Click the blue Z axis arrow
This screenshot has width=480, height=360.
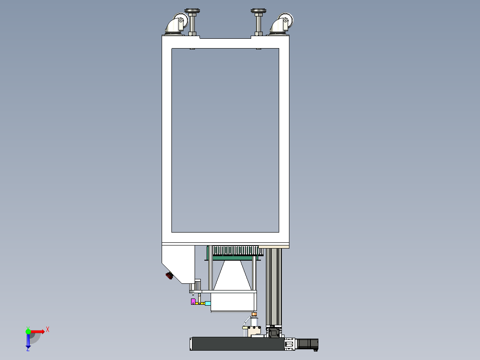(28, 341)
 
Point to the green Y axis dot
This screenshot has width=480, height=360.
(28, 331)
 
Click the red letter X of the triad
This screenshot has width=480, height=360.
(48, 329)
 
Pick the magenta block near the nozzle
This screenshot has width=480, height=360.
(193, 302)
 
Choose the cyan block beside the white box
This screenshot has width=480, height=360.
(207, 303)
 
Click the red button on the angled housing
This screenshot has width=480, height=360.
(169, 276)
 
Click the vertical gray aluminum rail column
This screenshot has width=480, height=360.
(273, 285)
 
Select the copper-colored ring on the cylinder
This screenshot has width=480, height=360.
(254, 315)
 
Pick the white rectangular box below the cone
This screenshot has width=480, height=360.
(232, 302)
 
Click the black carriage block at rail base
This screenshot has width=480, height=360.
(273, 332)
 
